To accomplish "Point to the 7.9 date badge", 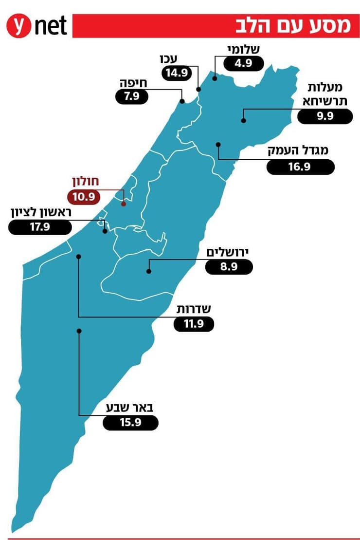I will click(131, 96).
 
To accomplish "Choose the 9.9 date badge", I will click(324, 117).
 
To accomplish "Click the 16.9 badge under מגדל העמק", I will click(301, 167).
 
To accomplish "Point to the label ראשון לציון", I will click(41, 213).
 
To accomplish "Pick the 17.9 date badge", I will click(40, 227).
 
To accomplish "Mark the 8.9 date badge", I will click(229, 267).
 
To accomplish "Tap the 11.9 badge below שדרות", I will click(194, 324).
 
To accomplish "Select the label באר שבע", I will click(130, 408).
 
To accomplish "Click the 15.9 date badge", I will click(130, 423).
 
